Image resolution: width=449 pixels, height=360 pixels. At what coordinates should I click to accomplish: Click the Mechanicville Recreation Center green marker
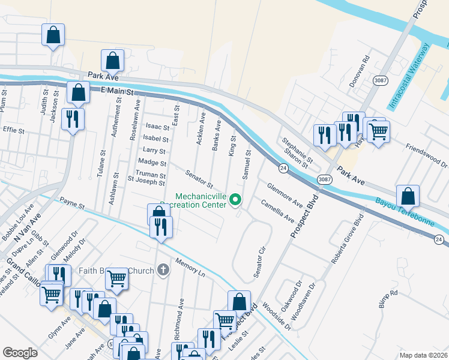236,199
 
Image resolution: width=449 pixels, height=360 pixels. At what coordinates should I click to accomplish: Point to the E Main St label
116,89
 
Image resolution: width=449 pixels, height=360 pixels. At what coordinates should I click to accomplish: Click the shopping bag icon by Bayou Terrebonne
408,196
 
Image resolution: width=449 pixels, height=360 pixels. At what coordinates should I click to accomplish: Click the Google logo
20,353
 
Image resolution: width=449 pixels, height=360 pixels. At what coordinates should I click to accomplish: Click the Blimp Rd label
388,299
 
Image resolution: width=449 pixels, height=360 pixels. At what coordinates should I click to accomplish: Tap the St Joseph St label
146,182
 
